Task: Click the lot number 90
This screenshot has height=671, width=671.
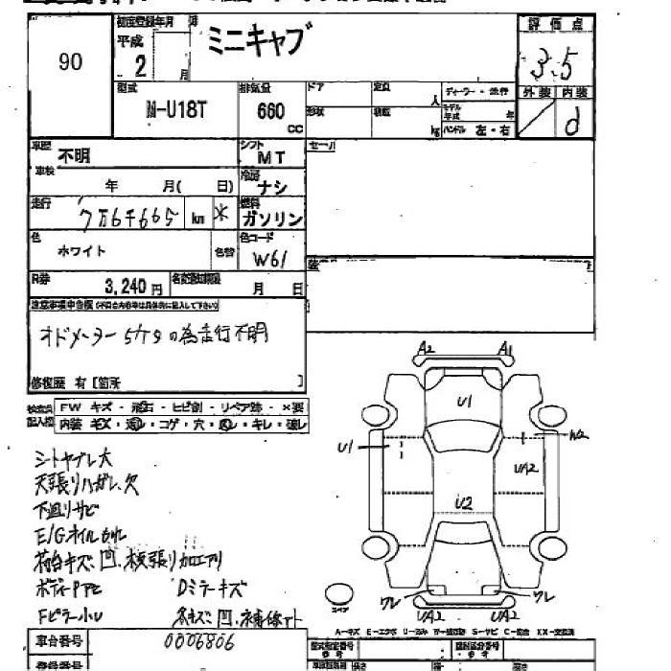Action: (69, 62)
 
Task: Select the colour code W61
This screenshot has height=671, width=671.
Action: (270, 259)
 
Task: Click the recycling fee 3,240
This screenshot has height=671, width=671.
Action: (125, 286)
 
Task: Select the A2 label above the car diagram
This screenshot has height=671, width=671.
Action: (427, 351)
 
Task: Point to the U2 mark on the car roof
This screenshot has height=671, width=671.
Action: (465, 502)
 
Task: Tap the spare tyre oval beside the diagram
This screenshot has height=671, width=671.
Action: (336, 591)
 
